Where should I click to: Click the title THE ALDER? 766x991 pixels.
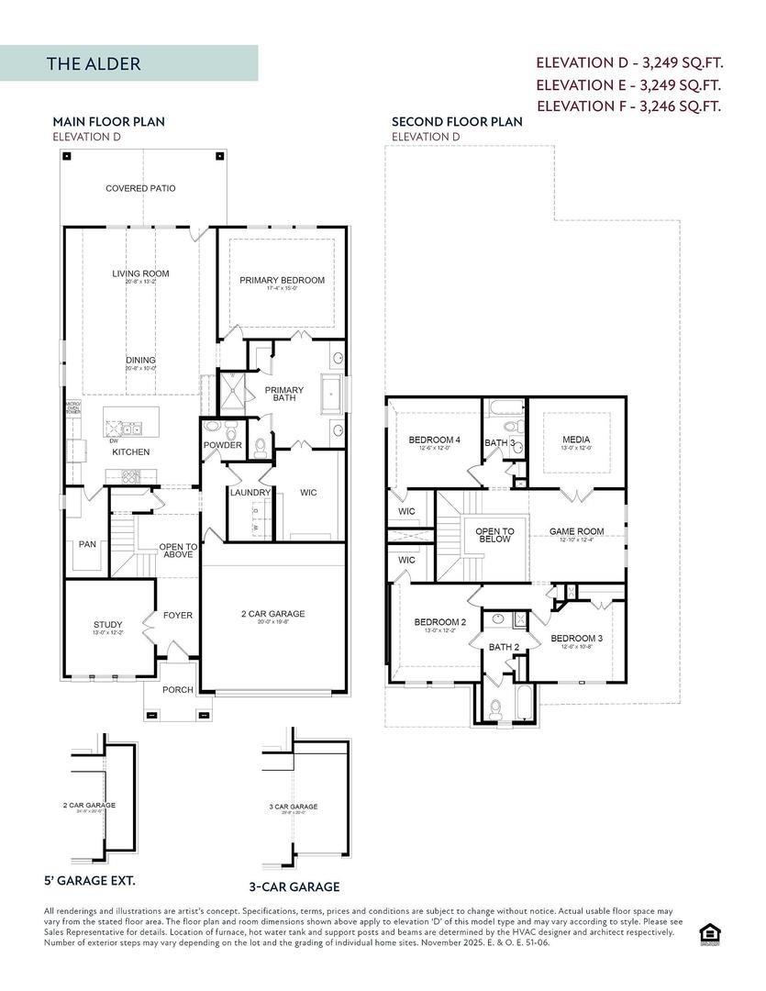point(94,64)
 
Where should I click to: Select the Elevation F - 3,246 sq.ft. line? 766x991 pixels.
point(629,106)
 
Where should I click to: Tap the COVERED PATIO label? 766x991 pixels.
point(140,188)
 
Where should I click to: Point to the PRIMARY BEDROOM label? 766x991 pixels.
point(282,280)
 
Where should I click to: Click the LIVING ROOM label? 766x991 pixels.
point(140,273)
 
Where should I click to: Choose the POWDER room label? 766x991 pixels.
point(223,445)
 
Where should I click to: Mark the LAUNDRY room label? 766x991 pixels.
point(250,493)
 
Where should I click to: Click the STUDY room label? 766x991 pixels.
point(107,625)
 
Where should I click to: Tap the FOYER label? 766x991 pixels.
point(178,615)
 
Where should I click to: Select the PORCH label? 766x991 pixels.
point(178,690)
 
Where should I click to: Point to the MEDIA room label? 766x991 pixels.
point(576,440)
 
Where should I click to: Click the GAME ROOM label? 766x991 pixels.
point(576,531)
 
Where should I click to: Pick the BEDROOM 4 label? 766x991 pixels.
point(434,440)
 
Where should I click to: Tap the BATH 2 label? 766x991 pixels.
point(504,647)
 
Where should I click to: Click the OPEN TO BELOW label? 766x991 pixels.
point(494,535)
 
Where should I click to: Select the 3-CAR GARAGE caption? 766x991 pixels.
point(294,886)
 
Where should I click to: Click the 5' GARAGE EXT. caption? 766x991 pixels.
point(90,880)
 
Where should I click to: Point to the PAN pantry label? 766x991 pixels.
point(87,544)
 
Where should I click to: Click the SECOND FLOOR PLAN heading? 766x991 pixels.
point(457,121)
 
